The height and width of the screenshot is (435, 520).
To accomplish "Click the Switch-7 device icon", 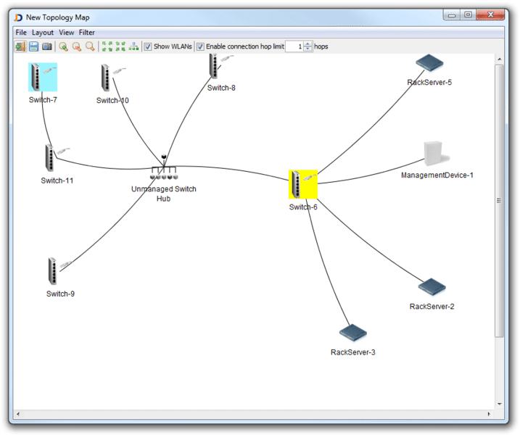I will (43, 76).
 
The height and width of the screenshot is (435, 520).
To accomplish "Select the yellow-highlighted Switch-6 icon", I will (302, 184).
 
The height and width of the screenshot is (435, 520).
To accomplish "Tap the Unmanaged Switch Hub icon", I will (164, 173).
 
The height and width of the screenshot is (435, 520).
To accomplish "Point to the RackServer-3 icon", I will (353, 333).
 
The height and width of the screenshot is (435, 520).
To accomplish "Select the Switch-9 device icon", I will (53, 271).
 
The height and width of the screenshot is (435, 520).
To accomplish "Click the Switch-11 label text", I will (57, 181).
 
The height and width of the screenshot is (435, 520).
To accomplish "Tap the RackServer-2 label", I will (432, 307).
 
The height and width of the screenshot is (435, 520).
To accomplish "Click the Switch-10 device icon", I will (107, 78).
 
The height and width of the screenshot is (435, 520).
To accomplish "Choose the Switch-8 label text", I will (221, 88).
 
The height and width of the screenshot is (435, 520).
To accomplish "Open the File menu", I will (21, 33).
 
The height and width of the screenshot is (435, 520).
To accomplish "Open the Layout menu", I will (43, 33).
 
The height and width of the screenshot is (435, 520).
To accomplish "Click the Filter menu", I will (87, 33).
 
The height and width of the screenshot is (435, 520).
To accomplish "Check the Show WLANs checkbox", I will (148, 46).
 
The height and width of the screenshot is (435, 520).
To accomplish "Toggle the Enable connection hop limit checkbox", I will (201, 46).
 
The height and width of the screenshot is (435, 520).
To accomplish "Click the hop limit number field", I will (294, 46).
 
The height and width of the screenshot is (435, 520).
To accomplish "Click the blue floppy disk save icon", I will (33, 46).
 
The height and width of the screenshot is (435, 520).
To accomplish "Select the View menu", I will (67, 33).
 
